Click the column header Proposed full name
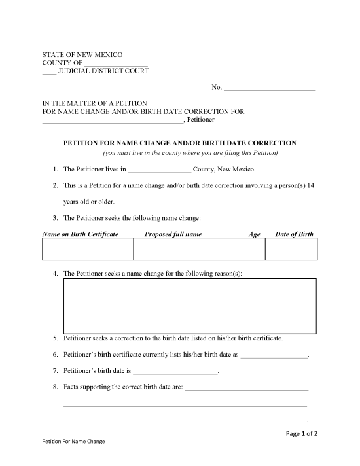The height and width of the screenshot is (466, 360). click(173, 234)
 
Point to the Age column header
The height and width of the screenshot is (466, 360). click(255, 234)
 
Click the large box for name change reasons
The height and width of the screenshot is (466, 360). click(190, 305)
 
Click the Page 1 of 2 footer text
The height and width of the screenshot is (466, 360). click(302, 433)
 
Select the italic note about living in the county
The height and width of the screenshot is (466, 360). click(190, 153)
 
